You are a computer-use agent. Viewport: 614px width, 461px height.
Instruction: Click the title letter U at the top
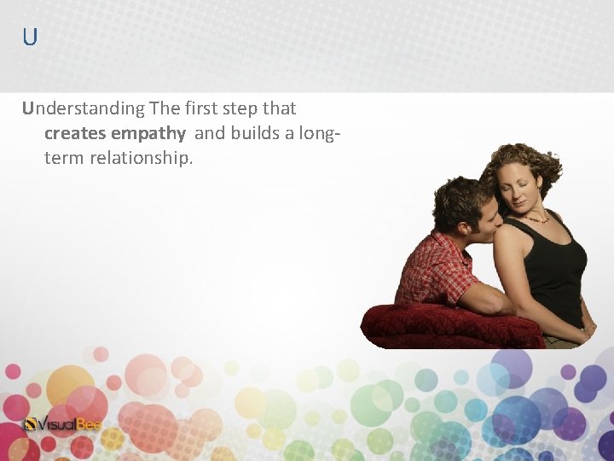pyautogui.click(x=30, y=38)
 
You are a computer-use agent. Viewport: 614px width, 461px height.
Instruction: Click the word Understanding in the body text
pyautogui.click(x=84, y=108)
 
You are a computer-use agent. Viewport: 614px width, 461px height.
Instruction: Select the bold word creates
pyautogui.click(x=75, y=133)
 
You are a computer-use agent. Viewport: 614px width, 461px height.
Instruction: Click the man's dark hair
pyautogui.click(x=460, y=198)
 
